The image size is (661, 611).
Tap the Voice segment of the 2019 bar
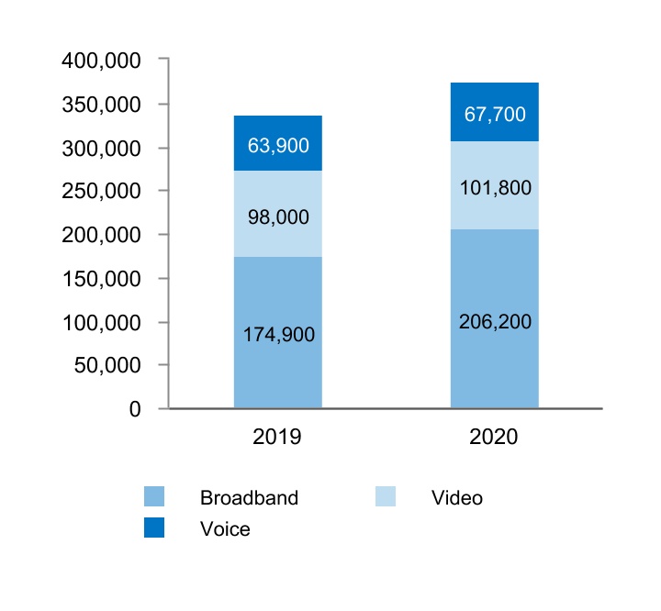click(x=278, y=128)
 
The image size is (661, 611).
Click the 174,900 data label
click(x=278, y=335)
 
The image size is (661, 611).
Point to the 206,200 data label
click(x=495, y=322)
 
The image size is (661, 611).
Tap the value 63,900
click(x=278, y=145)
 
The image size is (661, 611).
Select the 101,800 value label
click(x=495, y=188)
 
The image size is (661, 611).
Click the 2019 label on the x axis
click(x=277, y=438)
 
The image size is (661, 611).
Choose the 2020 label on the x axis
click(x=494, y=438)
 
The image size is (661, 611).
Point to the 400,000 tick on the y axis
click(x=101, y=61)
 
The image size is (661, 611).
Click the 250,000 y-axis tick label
click(x=101, y=192)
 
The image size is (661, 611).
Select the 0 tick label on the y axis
click(x=135, y=409)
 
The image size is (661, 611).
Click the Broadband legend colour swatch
click(x=154, y=497)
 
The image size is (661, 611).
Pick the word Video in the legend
click(x=456, y=498)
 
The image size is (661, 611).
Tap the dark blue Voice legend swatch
click(x=154, y=528)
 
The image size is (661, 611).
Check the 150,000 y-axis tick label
click(x=101, y=279)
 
